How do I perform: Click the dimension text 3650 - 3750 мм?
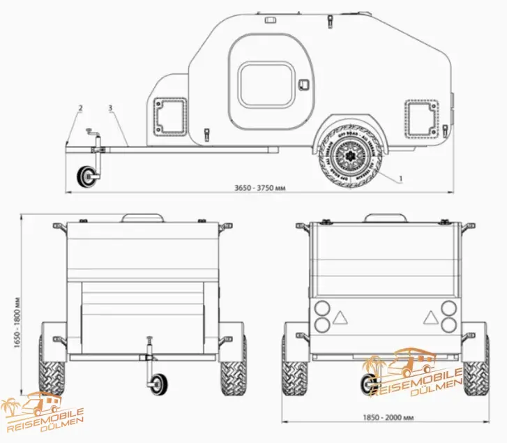[262, 188]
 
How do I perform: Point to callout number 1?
[401, 179]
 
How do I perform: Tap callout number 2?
[80, 108]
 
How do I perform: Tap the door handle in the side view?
[303, 84]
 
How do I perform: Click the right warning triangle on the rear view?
[428, 317]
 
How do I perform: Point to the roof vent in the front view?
[144, 218]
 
